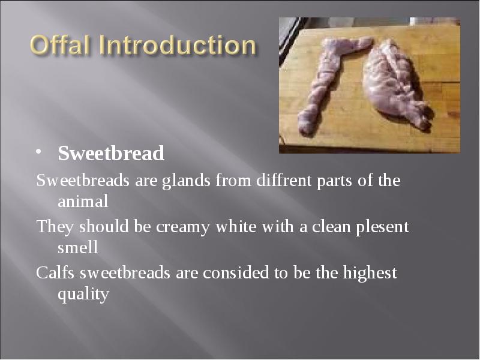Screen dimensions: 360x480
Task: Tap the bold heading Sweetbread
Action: (111, 154)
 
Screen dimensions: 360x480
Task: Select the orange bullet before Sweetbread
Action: (40, 151)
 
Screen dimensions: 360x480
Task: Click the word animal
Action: (82, 202)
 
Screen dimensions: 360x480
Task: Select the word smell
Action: (77, 247)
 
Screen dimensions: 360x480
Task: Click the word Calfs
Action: (55, 273)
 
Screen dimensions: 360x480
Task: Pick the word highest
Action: (370, 274)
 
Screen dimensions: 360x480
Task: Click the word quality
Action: (83, 294)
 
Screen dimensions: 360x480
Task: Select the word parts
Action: (334, 181)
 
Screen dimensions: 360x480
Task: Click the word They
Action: (53, 227)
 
